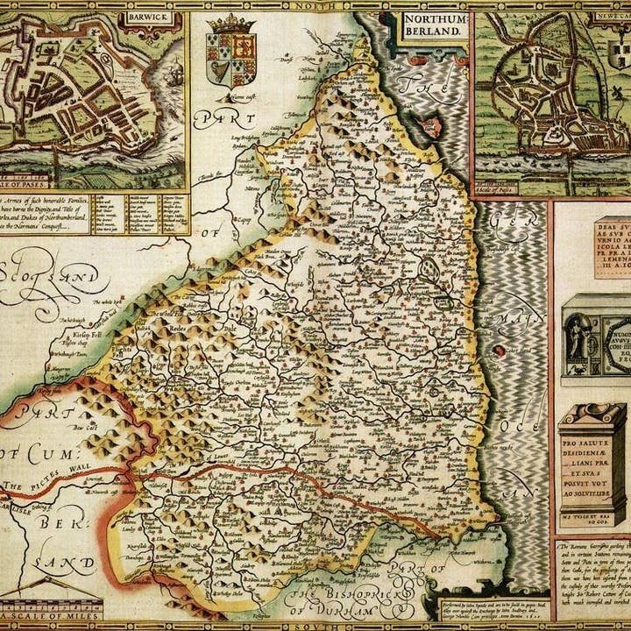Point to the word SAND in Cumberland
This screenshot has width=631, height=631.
coord(70,561)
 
